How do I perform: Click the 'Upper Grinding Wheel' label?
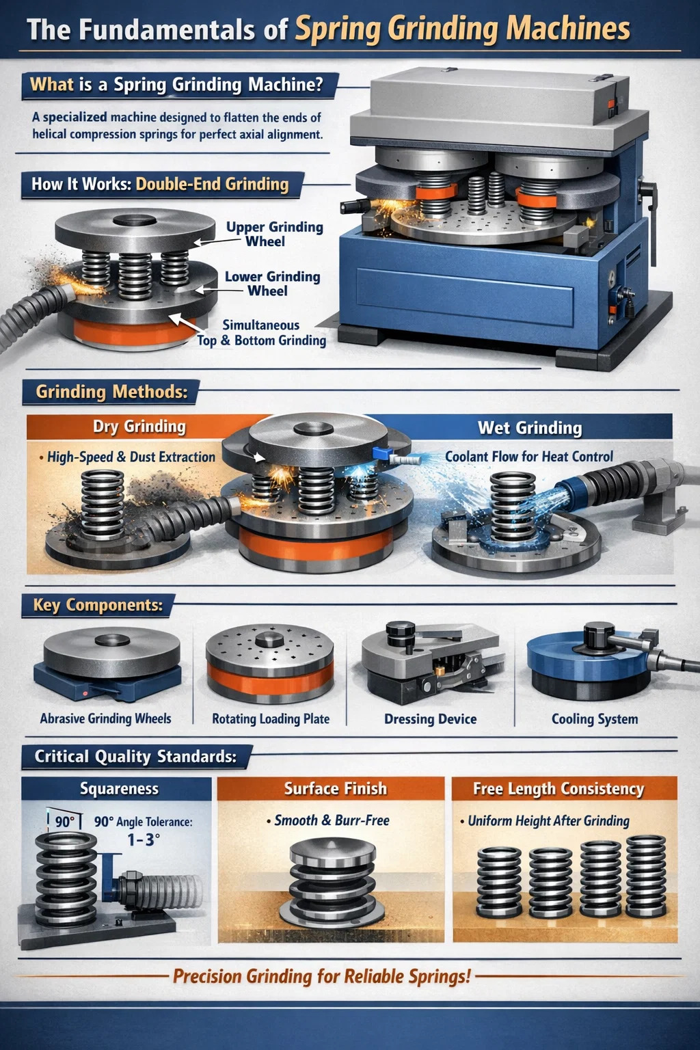(x=275, y=234)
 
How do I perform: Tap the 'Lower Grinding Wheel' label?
(x=272, y=284)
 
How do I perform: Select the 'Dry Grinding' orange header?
(x=139, y=427)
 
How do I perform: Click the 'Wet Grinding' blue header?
(x=530, y=428)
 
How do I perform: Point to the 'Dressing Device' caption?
(x=431, y=719)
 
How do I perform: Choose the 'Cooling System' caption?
(x=595, y=719)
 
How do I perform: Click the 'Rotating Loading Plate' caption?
(x=271, y=719)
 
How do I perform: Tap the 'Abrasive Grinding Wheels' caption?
(x=105, y=718)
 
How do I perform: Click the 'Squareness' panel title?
(x=119, y=788)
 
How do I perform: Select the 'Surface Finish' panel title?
(x=336, y=788)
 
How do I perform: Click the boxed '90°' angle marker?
(x=65, y=822)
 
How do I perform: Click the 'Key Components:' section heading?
(x=98, y=605)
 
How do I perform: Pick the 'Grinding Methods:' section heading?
(x=111, y=392)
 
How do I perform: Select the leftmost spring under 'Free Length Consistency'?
(x=499, y=882)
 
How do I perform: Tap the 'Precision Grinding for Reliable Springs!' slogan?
(x=322, y=976)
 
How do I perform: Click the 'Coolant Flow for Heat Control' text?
(x=529, y=457)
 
